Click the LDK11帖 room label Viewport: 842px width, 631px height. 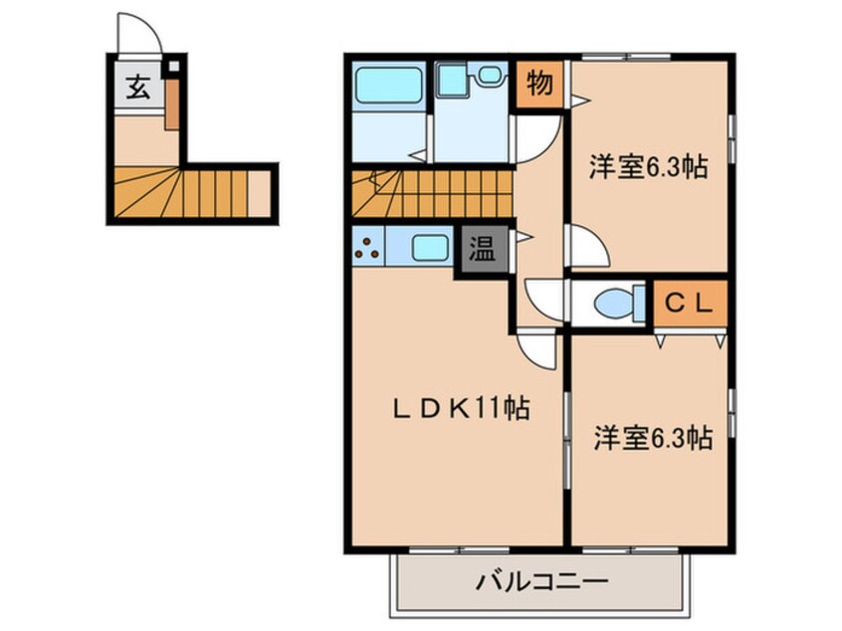coord(460,409)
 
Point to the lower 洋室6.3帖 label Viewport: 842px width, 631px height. coord(653,437)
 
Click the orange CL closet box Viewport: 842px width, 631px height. coord(689,304)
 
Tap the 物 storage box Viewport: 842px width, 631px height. coord(538,85)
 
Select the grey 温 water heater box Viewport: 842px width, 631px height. coord(482,249)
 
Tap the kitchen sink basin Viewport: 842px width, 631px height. coord(429,247)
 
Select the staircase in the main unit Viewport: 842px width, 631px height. coord(430,191)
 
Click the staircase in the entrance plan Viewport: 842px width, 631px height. coord(194,191)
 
